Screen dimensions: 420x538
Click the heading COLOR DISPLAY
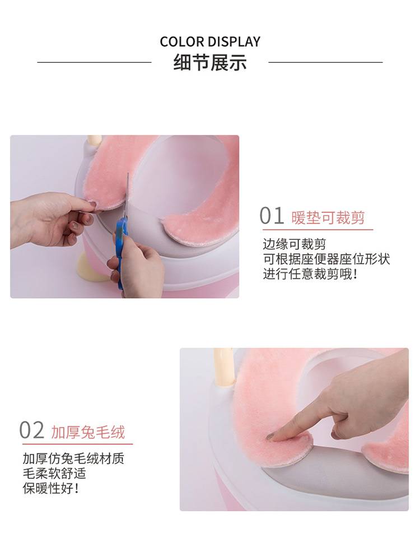coord(210,41)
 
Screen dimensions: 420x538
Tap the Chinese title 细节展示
coord(210,63)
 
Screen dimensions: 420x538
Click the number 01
coord(272,216)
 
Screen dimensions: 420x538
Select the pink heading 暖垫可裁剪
coord(328,217)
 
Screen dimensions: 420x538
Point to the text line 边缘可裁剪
coord(294,244)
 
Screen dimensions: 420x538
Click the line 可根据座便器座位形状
coord(326,259)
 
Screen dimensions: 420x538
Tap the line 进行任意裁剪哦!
coord(310,274)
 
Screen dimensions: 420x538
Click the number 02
coord(31,430)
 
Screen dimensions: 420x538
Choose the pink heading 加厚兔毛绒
coord(88,432)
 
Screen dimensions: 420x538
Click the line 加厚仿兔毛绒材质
coord(73,458)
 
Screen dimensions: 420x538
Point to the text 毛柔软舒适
coord(54,473)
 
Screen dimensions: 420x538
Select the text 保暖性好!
coord(51,488)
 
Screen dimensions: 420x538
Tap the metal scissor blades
coord(127,195)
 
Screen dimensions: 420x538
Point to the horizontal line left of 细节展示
coord(94,62)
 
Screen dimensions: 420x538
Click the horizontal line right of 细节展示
coord(326,62)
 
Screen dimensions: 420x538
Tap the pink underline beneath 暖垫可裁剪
coord(318,229)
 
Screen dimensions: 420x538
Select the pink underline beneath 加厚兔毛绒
coord(77,444)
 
